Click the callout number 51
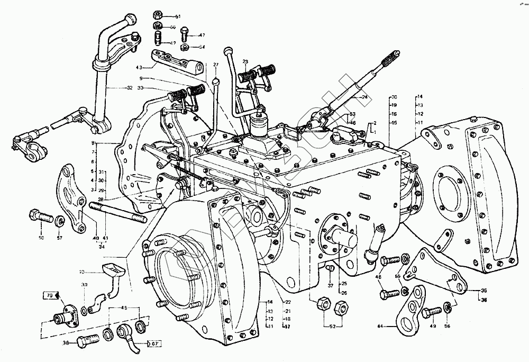click(178, 17)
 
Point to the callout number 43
click(140, 68)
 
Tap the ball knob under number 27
click(216, 81)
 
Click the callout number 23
click(245, 62)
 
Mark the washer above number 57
click(60, 220)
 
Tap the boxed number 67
click(154, 344)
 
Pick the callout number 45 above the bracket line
click(125, 308)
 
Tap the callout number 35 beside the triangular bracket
click(483, 291)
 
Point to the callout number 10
click(82, 273)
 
